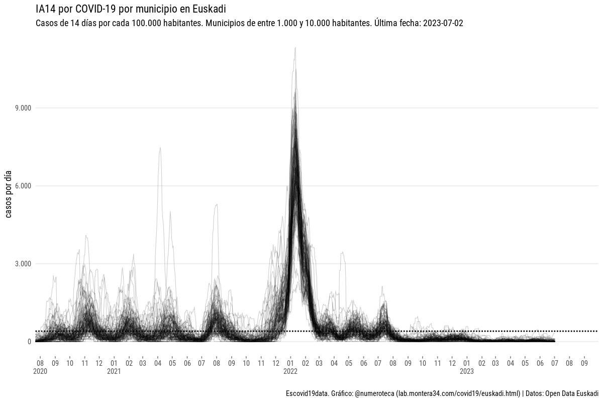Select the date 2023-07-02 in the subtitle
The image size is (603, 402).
[x=443, y=24]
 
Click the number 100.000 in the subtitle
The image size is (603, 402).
[x=146, y=24]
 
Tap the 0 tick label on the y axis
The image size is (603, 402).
[x=29, y=342]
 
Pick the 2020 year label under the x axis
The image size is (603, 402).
[x=40, y=372]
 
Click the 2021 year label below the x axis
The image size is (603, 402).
[x=114, y=372]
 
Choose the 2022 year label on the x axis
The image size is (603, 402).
[x=290, y=372]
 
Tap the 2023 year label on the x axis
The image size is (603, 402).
[x=467, y=372]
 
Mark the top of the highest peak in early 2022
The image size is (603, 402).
[x=295, y=48]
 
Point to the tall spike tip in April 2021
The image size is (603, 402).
[x=160, y=147]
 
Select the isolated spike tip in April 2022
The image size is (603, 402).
[x=342, y=252]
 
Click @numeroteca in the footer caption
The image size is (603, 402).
[x=374, y=393]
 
